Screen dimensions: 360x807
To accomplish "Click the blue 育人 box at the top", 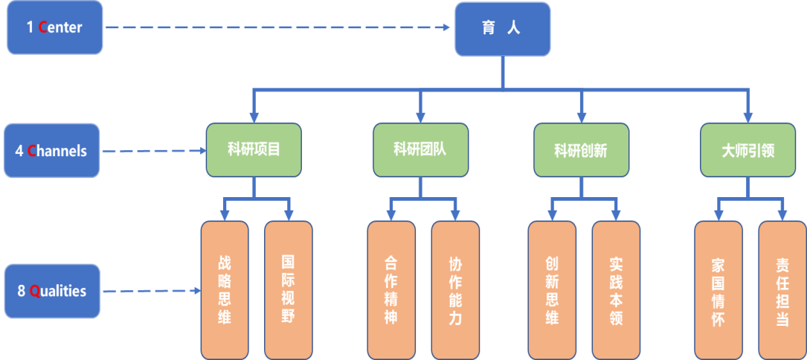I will pos(503,29).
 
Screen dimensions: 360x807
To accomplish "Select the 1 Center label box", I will pos(54,28).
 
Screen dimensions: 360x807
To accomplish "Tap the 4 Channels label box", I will pos(51,151).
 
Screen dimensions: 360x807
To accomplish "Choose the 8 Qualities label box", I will pos(52,291).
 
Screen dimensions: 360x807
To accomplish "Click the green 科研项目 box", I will pos(254,150).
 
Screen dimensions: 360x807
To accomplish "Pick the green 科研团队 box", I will pos(420,150).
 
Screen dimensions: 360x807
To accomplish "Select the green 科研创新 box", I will pos(581,150).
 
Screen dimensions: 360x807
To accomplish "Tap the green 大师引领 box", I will pos(747,150).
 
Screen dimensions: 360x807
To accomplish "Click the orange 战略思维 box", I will pos(225,290).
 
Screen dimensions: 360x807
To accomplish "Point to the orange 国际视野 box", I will pos(289,290).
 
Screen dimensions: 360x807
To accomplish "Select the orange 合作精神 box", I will pos(391,290).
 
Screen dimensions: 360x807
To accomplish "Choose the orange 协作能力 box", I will pos(455,290).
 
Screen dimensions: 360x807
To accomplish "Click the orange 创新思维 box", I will pos(552,290).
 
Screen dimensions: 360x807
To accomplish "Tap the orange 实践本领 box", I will pos(616,290).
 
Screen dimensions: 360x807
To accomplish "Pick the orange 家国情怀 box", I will pos(718,290).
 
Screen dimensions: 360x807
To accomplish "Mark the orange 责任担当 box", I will pos(782,290).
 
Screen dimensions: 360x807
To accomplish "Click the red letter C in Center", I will pos(42,28).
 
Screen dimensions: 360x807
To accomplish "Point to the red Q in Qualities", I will pos(34,292).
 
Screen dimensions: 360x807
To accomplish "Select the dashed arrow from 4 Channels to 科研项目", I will pos(152,151).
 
